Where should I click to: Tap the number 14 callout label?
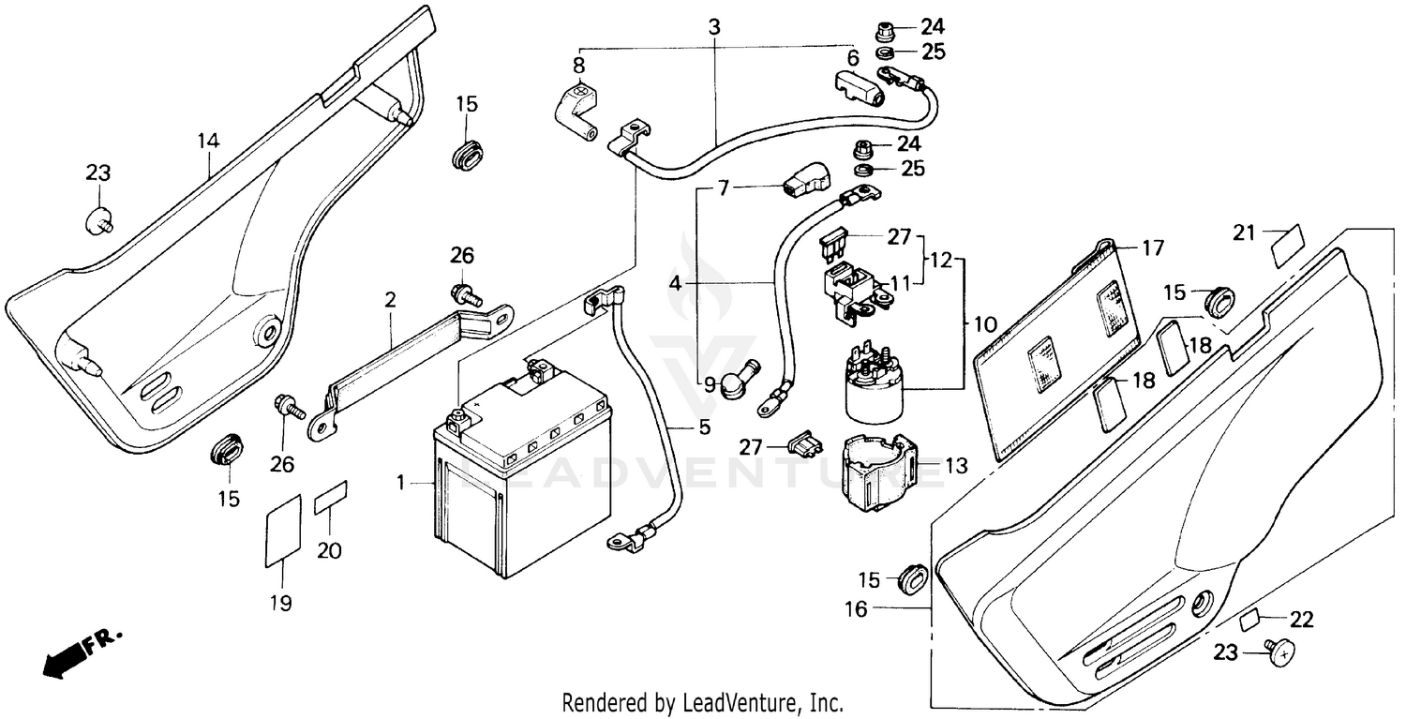point(208,141)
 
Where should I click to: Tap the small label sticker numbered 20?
point(330,497)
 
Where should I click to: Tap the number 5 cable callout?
point(703,427)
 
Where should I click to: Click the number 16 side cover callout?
point(856,609)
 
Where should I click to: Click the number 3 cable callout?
point(714,28)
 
